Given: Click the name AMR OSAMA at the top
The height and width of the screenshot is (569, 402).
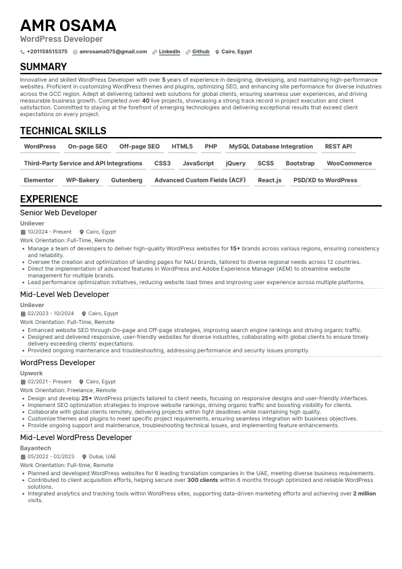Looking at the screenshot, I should tap(68, 26).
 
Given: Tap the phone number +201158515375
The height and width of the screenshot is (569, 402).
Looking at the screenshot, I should tap(47, 51).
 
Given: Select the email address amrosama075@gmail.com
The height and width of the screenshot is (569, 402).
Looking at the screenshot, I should tap(113, 51).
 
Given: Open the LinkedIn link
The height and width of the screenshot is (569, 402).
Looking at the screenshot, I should tap(169, 51).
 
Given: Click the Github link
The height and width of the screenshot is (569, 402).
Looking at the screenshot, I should tap(201, 51).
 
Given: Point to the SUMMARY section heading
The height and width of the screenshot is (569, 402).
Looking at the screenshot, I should tap(43, 67).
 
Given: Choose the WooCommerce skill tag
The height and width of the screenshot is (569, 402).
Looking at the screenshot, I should tap(349, 163).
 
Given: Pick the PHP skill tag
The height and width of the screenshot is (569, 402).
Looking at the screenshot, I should tap(211, 146).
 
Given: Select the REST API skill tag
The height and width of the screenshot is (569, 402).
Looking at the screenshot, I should tap(338, 146).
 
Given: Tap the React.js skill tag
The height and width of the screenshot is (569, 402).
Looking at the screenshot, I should tap(270, 180).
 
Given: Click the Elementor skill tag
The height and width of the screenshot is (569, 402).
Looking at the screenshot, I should tap(39, 180).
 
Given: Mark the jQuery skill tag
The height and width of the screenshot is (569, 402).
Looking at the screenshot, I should tap(235, 163).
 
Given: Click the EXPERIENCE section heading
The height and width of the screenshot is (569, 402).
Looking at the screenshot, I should tap(49, 199).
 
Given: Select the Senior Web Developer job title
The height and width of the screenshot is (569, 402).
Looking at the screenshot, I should tap(59, 213).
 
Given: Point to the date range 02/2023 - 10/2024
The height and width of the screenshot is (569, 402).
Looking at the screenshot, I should tap(51, 313).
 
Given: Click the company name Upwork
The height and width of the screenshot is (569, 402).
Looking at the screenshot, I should tap(32, 373).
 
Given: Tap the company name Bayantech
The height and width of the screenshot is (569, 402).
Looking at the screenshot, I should tap(35, 448).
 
